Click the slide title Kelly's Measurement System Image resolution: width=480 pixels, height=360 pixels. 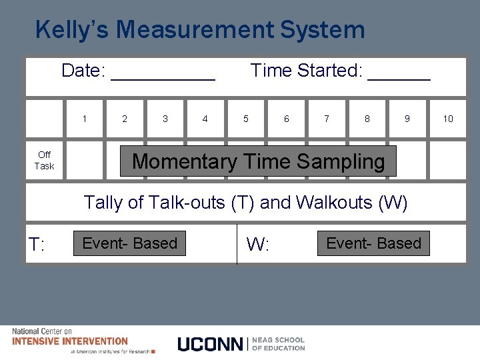200,30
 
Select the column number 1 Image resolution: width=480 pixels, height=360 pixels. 85,119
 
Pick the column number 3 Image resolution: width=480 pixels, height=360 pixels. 165,119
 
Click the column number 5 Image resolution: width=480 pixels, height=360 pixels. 246,119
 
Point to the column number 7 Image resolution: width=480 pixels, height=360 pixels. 327,119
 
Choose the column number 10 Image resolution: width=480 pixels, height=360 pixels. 448,119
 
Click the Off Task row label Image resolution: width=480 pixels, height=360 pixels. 45,161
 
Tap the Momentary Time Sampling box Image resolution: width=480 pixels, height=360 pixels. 258,161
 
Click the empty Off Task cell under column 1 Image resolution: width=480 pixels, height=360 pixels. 85,161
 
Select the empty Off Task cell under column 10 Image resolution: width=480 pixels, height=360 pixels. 447,161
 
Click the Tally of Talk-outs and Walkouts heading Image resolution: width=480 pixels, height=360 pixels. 245,203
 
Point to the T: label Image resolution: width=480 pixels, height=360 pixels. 37,245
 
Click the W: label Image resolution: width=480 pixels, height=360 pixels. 258,245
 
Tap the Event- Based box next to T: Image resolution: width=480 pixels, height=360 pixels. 130,243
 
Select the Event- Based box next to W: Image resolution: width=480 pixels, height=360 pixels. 373,243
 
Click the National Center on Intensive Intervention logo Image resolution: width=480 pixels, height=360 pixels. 70,341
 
